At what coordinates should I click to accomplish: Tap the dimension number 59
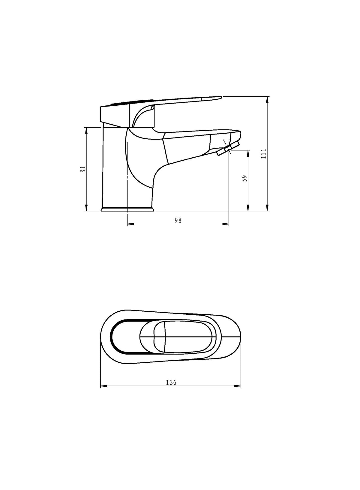245,178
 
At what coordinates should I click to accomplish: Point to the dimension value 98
178,220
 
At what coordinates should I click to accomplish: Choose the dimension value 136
171,382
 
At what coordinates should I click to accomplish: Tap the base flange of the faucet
127,209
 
